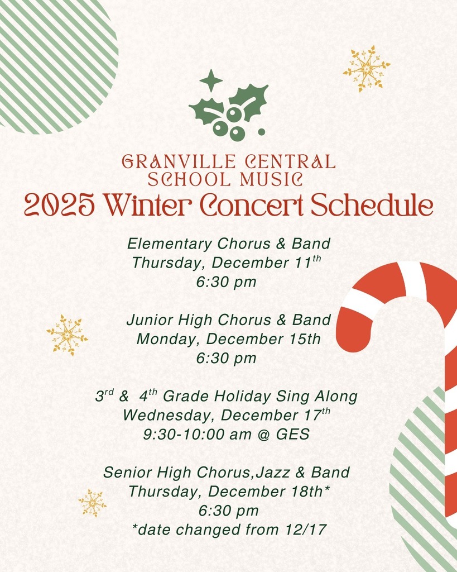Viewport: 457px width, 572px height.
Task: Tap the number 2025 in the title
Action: [x=60, y=206]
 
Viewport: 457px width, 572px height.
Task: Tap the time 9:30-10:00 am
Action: [x=194, y=434]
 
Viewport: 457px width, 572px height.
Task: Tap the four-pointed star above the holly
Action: [x=211, y=81]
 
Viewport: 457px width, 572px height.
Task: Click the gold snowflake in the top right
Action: [x=367, y=69]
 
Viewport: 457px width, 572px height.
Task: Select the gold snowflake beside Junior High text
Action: [x=67, y=335]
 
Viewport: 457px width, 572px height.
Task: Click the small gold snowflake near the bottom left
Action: [x=92, y=503]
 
